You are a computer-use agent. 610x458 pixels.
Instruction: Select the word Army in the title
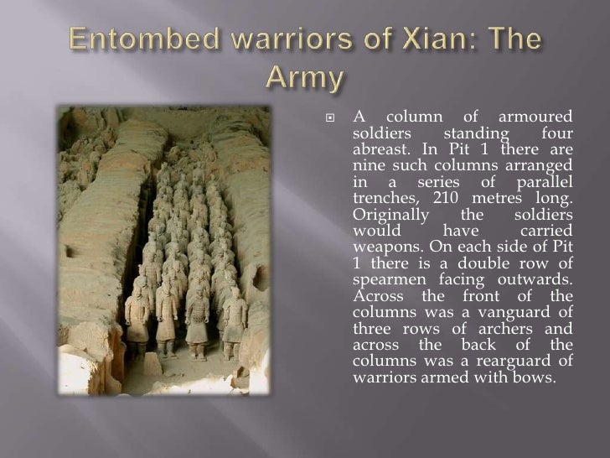(x=306, y=78)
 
